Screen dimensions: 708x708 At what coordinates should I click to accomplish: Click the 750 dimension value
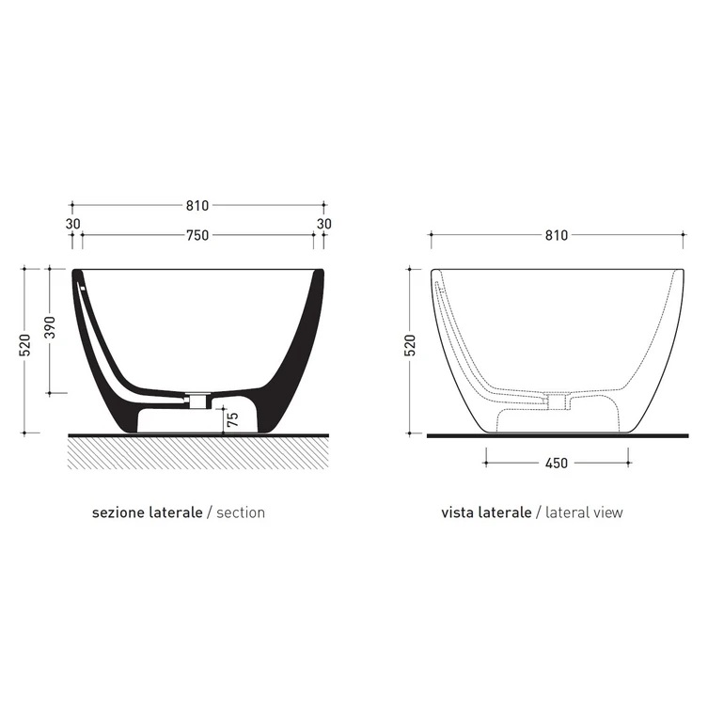[x=197, y=235]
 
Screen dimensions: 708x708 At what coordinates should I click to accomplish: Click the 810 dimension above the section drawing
[x=197, y=206]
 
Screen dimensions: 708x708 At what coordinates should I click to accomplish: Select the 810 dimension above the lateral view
[x=557, y=235]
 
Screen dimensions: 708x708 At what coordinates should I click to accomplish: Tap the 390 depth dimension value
[x=50, y=327]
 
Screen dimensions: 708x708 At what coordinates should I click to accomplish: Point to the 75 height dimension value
[x=232, y=420]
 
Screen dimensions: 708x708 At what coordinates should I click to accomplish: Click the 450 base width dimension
[x=557, y=464]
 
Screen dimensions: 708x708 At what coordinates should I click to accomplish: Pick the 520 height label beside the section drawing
[x=25, y=345]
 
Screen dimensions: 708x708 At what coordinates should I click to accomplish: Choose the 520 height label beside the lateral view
[x=411, y=345]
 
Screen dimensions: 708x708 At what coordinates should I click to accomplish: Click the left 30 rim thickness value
[x=72, y=224]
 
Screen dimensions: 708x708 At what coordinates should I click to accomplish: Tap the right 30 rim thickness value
[x=323, y=224]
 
